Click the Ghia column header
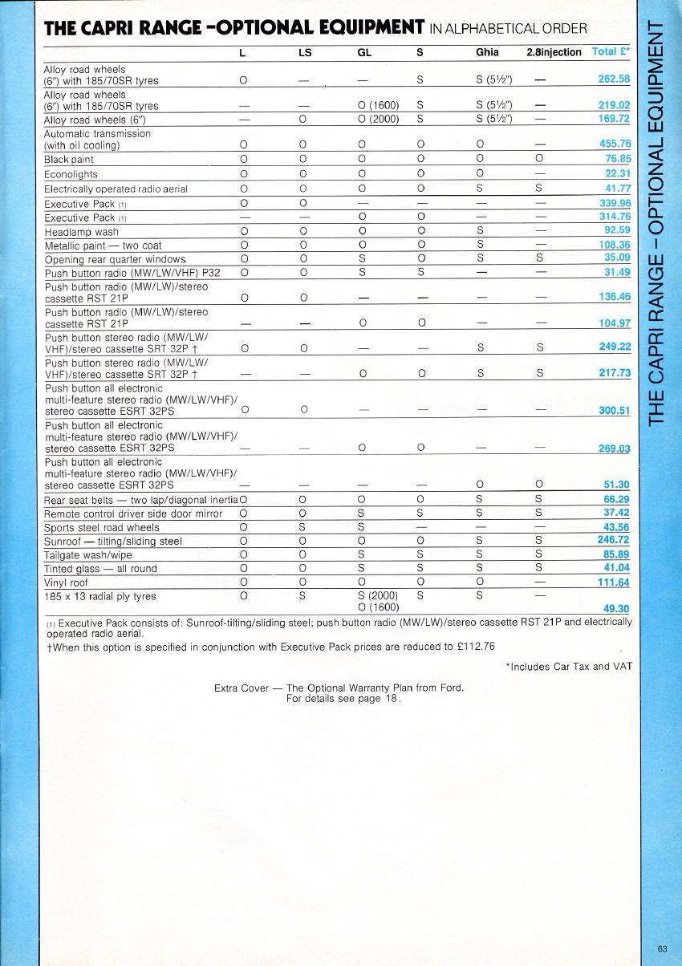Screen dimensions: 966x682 click(487, 52)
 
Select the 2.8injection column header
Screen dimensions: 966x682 click(554, 52)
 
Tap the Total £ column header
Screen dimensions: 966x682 click(610, 51)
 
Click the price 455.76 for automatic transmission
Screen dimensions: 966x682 click(615, 144)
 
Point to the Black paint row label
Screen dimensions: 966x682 click(69, 160)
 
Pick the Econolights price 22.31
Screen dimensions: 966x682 click(617, 174)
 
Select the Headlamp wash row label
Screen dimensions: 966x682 click(81, 232)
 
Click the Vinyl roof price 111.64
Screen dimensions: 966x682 click(614, 582)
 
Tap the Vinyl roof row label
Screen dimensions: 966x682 click(66, 582)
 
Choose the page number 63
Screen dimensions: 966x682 click(662, 948)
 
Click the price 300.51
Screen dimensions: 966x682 click(614, 412)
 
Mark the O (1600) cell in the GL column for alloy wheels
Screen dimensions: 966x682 click(379, 105)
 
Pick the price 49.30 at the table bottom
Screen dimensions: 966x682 click(616, 608)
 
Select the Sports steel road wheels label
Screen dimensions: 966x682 click(101, 528)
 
